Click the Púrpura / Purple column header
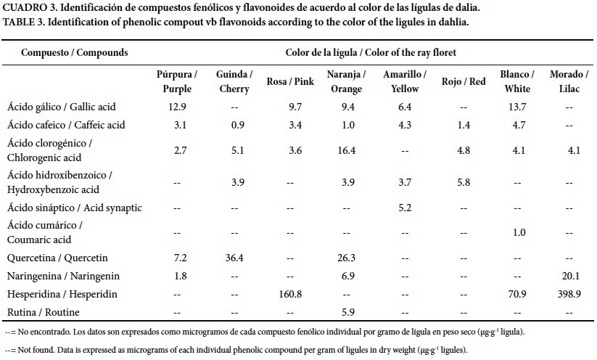tap(177, 82)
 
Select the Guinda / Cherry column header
tap(234, 82)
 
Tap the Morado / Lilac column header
tap(568, 82)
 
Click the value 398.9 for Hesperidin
tap(568, 295)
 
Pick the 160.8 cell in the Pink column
tap(290, 295)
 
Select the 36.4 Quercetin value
tap(234, 258)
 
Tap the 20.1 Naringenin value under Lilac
tap(568, 277)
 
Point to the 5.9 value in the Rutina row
tap(345, 313)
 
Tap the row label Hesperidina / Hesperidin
tap(62, 295)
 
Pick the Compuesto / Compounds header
tap(75, 53)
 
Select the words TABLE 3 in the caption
tap(25, 22)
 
